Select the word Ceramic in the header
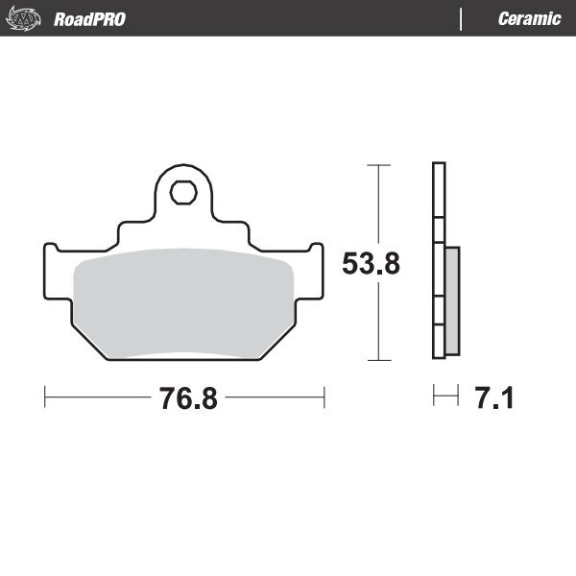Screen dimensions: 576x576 point(529,19)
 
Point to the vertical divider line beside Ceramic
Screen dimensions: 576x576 point(462,19)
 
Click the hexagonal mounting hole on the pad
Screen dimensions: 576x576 point(182,192)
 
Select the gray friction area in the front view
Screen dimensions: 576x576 point(182,302)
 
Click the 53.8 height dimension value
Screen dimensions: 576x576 point(372,263)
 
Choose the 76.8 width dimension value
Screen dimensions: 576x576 point(188,398)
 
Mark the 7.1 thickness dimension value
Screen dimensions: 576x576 point(494,397)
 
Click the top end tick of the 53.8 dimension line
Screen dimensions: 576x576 point(379,165)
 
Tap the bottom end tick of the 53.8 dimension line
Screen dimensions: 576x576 point(379,360)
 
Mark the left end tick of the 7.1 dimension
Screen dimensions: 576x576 point(434,396)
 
